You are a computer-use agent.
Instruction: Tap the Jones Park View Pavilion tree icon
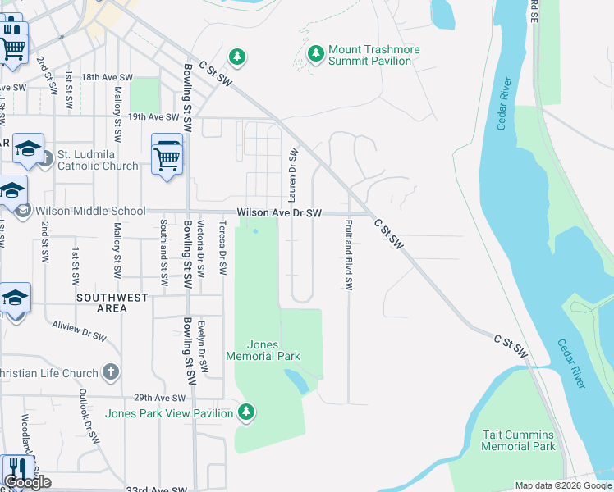(244, 411)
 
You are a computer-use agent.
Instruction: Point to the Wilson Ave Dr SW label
(278, 212)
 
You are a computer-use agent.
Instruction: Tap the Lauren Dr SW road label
(291, 175)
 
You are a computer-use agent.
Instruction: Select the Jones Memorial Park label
(270, 350)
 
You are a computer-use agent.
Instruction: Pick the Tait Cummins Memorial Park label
(518, 440)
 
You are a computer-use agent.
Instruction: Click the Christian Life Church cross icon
(112, 373)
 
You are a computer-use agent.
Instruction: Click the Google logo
(28, 482)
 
